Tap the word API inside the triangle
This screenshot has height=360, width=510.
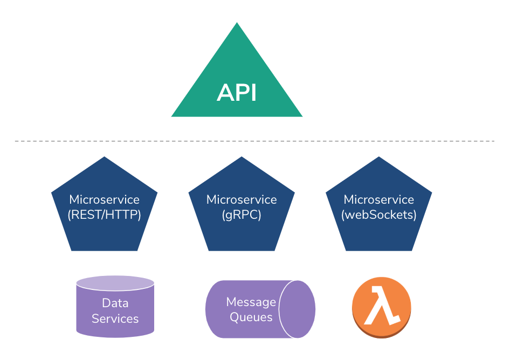(237, 93)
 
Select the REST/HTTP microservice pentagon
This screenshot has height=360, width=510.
(104, 226)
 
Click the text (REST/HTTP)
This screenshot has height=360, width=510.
(104, 214)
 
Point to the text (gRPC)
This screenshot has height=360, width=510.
(242, 214)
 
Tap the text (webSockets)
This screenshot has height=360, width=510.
(379, 214)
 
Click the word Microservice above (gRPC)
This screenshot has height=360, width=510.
(242, 200)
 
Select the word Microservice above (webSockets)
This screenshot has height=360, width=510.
(379, 200)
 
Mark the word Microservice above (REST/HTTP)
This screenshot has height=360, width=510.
(104, 200)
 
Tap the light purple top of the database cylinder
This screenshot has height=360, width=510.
(115, 283)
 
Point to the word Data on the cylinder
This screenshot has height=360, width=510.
(115, 303)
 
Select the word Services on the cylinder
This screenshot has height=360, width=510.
(115, 319)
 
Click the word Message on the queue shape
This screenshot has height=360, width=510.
(251, 302)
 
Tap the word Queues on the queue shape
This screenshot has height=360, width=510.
(251, 317)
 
